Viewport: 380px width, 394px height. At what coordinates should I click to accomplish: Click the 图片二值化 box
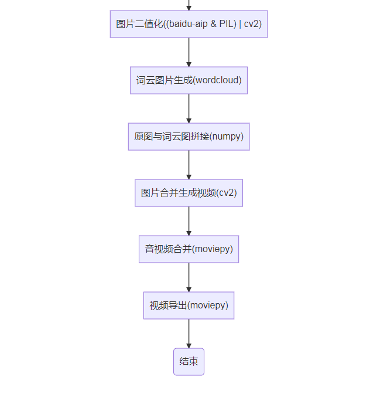(x=189, y=24)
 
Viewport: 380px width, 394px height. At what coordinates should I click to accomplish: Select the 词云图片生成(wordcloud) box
(x=189, y=80)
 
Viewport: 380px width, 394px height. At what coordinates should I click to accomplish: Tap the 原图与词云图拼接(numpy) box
(x=189, y=137)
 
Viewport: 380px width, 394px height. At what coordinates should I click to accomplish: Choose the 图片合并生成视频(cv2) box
(x=189, y=193)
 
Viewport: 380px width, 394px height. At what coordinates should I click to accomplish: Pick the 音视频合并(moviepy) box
(x=189, y=249)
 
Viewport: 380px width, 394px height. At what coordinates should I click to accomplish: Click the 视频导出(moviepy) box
(x=189, y=305)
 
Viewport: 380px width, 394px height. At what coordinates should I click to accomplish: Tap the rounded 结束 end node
(x=189, y=362)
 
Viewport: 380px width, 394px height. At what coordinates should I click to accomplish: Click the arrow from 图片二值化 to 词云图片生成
(x=189, y=52)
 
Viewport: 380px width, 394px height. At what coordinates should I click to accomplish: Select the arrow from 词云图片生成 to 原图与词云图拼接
(x=189, y=108)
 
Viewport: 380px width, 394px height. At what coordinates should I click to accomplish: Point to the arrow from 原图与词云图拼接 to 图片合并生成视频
(x=189, y=165)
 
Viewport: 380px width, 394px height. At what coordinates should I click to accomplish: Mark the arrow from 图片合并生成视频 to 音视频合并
(x=189, y=221)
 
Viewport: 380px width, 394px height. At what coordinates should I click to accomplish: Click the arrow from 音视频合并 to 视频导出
(x=189, y=277)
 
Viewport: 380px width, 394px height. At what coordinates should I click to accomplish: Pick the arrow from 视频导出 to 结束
(x=189, y=334)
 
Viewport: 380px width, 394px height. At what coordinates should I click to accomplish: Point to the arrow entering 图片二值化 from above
(x=189, y=5)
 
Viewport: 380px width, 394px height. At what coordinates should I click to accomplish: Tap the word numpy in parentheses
(x=226, y=137)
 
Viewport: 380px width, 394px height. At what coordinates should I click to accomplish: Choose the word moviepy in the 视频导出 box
(x=208, y=305)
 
